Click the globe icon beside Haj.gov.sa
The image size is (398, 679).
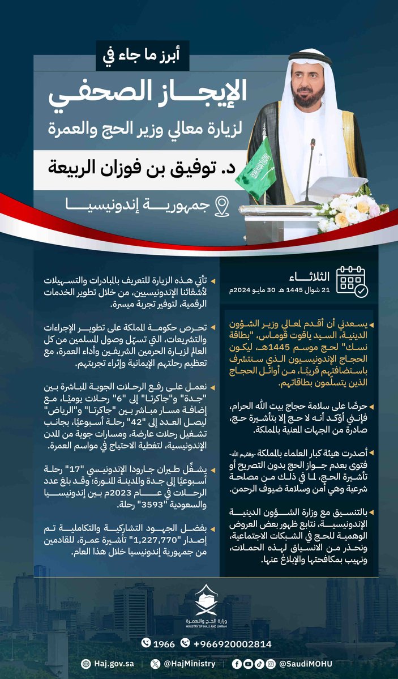85,663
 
